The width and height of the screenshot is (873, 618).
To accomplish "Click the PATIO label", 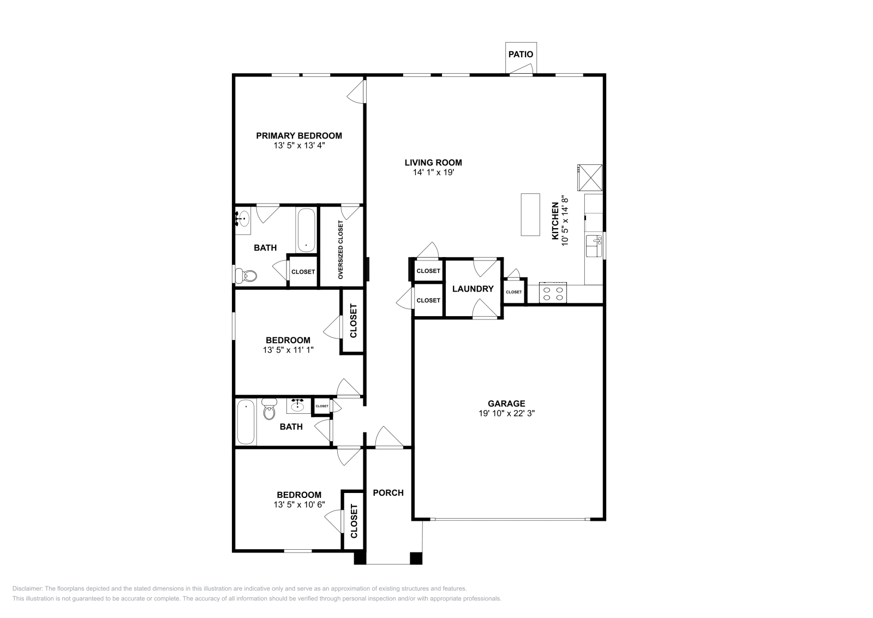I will click(521, 55).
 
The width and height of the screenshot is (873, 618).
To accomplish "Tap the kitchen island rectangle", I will click(530, 215).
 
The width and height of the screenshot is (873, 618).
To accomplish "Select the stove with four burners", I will click(553, 293).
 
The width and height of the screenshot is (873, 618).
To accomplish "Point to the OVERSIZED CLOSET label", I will click(341, 250).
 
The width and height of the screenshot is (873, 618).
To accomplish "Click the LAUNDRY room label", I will click(473, 289).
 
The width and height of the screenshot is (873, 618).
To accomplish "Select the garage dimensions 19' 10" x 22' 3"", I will click(506, 414).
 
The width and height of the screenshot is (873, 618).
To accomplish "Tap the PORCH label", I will click(388, 492).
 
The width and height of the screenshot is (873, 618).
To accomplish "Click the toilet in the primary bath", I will click(245, 275).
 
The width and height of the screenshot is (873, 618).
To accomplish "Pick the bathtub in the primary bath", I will click(306, 230).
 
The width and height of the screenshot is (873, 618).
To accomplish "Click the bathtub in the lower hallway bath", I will click(246, 423).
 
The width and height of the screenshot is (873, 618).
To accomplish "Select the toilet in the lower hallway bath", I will click(269, 411).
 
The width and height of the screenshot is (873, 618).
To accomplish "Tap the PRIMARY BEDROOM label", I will click(299, 135).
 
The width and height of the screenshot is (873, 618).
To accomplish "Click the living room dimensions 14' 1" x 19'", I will click(433, 173).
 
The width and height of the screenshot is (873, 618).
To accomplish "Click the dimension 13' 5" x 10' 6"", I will click(299, 505).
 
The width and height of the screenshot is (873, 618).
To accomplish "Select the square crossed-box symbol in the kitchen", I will click(590, 176).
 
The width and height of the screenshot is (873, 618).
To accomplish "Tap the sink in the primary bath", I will click(243, 219).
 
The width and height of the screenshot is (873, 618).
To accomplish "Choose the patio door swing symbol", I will click(522, 68).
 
